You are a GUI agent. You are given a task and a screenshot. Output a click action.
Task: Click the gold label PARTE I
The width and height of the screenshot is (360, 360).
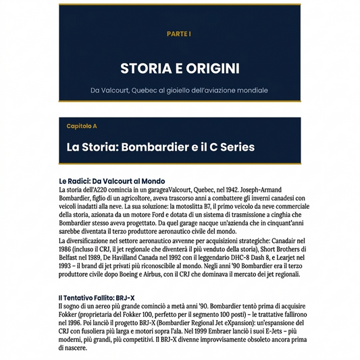point(179,33)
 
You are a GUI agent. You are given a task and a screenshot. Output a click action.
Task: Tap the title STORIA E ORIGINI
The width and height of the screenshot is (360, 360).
point(180,68)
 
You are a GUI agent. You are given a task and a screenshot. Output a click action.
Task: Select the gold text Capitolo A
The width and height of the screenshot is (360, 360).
point(82,126)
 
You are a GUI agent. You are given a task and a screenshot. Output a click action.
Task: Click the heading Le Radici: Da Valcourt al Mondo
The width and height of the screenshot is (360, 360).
point(111,181)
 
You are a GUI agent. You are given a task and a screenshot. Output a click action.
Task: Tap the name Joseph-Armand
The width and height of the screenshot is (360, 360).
point(278,190)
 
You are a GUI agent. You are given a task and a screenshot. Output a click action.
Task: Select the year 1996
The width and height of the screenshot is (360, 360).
point(77,322)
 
